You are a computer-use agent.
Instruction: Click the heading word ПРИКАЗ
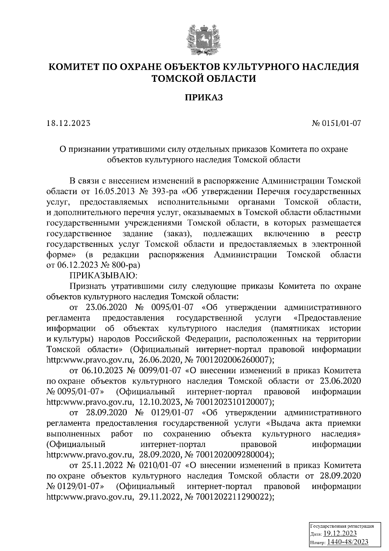pos(204,97)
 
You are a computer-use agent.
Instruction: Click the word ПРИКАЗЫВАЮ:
pos(104,275)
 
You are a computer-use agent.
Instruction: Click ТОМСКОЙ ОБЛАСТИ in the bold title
pos(204,78)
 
